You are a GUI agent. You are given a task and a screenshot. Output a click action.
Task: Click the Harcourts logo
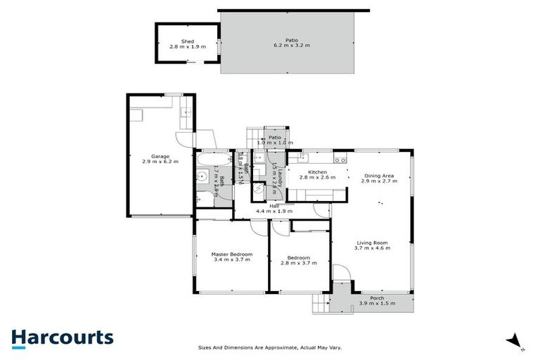62,337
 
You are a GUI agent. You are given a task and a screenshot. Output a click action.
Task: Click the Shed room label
187,41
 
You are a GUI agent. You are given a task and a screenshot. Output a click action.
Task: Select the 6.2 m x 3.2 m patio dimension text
292,45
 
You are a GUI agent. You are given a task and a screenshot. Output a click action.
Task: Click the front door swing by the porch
340,275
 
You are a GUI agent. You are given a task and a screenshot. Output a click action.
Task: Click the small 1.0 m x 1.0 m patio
274,140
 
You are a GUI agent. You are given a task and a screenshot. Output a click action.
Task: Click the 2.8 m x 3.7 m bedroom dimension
299,263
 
